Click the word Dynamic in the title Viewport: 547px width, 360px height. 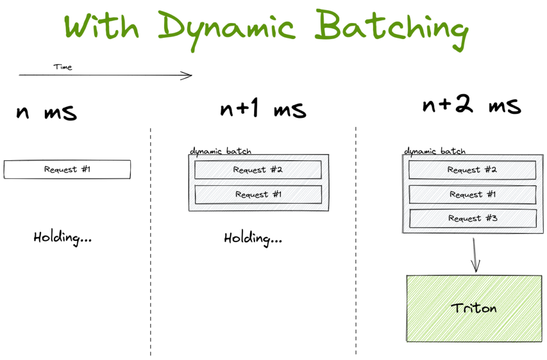227,30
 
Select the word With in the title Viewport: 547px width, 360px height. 101,26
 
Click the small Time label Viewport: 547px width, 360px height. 63,67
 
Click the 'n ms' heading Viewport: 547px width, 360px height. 46,112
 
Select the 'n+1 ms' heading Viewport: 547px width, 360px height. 263,108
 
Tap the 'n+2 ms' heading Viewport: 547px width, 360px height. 472,104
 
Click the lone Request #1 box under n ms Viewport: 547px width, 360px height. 67,169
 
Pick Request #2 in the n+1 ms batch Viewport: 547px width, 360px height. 258,170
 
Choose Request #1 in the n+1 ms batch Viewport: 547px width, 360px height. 259,194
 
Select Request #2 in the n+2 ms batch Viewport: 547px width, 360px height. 472,170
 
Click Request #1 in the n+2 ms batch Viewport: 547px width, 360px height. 473,194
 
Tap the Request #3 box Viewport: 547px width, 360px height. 473,218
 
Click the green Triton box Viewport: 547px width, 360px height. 474,308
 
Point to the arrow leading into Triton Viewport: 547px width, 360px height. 475,255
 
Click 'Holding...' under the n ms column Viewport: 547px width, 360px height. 63,238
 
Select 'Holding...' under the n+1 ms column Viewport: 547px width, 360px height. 253,239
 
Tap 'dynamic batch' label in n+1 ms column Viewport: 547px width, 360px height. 221,151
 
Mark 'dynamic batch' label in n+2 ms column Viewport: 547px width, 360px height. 435,151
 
